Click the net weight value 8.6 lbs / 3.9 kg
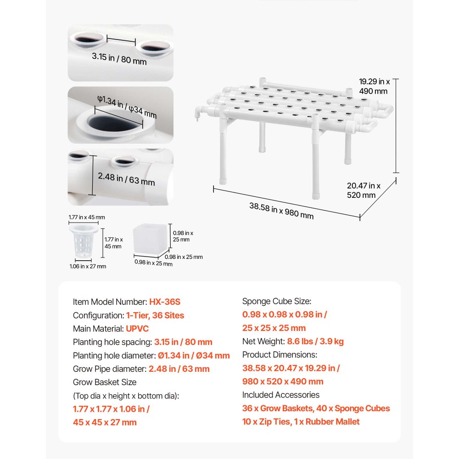tap(315, 341)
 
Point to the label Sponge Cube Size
tap(277, 301)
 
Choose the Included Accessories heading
tap(281, 395)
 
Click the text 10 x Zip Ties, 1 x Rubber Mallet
tap(301, 421)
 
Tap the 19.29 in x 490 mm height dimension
tap(374, 86)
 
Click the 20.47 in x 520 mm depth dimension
tap(363, 190)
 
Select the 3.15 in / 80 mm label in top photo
tap(119, 59)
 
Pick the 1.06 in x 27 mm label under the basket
tap(88, 266)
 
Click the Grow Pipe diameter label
tap(110, 369)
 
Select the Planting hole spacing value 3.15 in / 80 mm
tap(183, 342)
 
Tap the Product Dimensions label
tap(280, 355)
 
